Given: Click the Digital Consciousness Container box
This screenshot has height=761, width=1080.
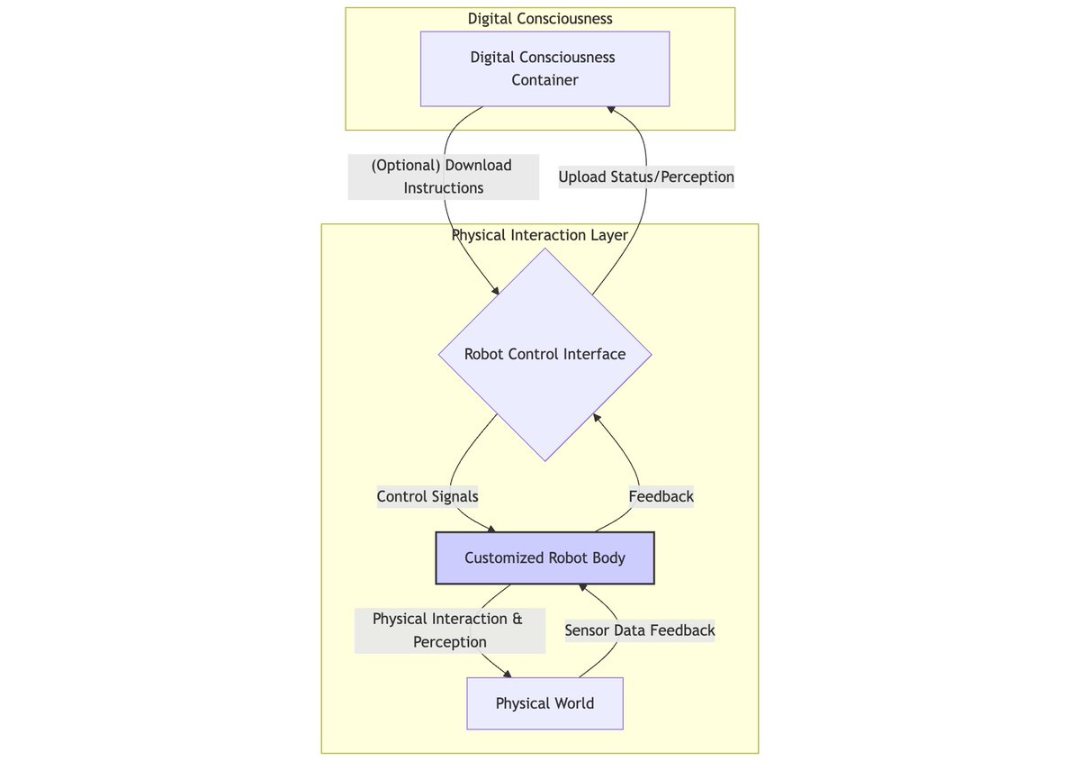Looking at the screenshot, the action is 544,69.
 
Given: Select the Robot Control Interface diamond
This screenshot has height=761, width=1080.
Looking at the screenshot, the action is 544,355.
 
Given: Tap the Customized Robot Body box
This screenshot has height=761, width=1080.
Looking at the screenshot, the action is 544,558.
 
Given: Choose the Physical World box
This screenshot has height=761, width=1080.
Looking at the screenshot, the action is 544,703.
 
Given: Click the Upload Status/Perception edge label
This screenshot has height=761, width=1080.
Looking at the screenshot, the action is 646,177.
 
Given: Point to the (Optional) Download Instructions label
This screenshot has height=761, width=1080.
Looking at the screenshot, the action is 443,177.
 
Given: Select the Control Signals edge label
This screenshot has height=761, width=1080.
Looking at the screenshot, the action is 427,496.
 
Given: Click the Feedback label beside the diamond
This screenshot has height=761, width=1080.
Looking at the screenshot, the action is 661,496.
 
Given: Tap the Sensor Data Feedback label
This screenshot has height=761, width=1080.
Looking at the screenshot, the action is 640,630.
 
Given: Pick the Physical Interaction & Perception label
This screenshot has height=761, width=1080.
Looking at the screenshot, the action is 450,630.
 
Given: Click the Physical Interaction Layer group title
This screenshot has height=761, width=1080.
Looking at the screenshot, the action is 540,235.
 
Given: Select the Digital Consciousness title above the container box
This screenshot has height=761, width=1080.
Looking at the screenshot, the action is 540,19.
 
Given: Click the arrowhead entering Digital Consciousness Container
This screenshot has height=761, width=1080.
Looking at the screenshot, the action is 611,110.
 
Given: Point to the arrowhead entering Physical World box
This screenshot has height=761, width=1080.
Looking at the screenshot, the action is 508,675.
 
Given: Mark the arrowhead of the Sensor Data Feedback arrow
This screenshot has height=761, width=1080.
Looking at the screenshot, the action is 583,587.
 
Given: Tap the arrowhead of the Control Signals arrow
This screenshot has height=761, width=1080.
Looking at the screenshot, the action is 491,529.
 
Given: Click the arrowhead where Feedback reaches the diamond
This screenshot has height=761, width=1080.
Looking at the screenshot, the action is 597,417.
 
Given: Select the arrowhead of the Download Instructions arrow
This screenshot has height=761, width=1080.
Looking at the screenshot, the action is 495,291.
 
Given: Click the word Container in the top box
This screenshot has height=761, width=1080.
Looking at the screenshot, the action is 544,80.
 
